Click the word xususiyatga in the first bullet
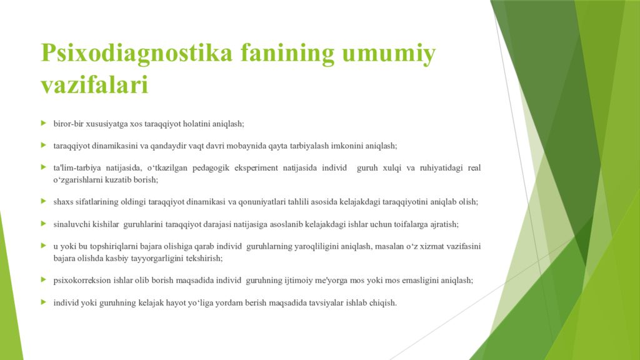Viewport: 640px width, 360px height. pos(106,124)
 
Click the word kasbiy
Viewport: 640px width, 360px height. pos(150,257)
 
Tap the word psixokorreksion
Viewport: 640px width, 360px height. pos(83,281)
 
